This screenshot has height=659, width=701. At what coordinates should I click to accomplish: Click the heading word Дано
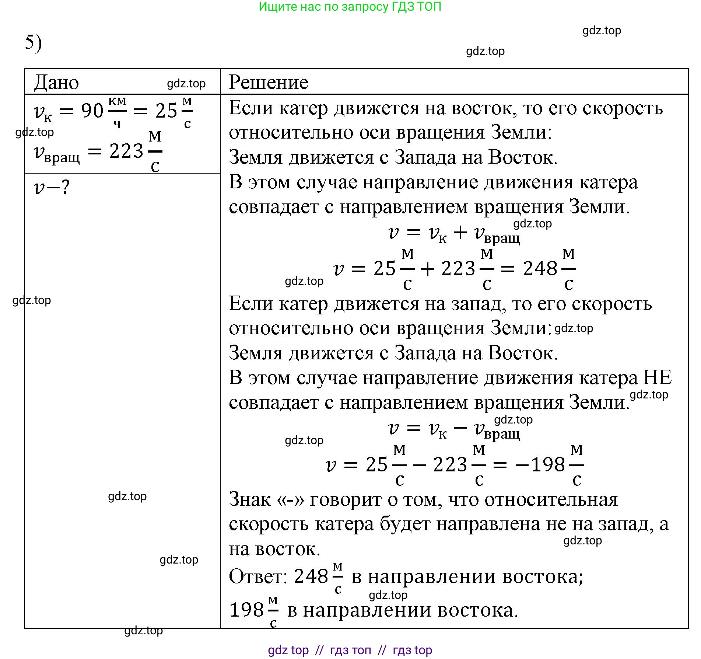click(x=56, y=82)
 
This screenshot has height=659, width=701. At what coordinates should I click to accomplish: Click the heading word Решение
click(x=268, y=82)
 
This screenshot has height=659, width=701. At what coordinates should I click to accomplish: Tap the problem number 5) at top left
click(x=33, y=42)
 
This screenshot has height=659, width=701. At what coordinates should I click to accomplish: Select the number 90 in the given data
click(x=92, y=111)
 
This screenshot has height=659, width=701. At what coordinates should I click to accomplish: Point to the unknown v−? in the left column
click(x=52, y=187)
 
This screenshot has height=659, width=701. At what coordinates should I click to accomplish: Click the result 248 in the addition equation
click(x=540, y=269)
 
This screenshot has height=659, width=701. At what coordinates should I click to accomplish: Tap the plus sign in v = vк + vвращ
click(x=460, y=232)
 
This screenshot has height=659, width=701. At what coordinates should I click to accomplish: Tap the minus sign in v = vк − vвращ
click(x=460, y=428)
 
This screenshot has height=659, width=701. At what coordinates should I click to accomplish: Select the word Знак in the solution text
click(x=250, y=500)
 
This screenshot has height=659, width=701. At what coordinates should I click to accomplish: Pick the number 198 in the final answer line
click(x=246, y=610)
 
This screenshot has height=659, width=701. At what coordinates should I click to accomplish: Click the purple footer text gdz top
click(x=288, y=650)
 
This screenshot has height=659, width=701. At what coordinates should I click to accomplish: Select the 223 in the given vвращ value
click(x=126, y=151)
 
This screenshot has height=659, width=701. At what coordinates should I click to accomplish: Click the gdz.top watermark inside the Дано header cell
click(x=186, y=84)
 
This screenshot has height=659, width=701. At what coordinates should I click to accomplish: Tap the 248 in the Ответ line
click(x=311, y=576)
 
